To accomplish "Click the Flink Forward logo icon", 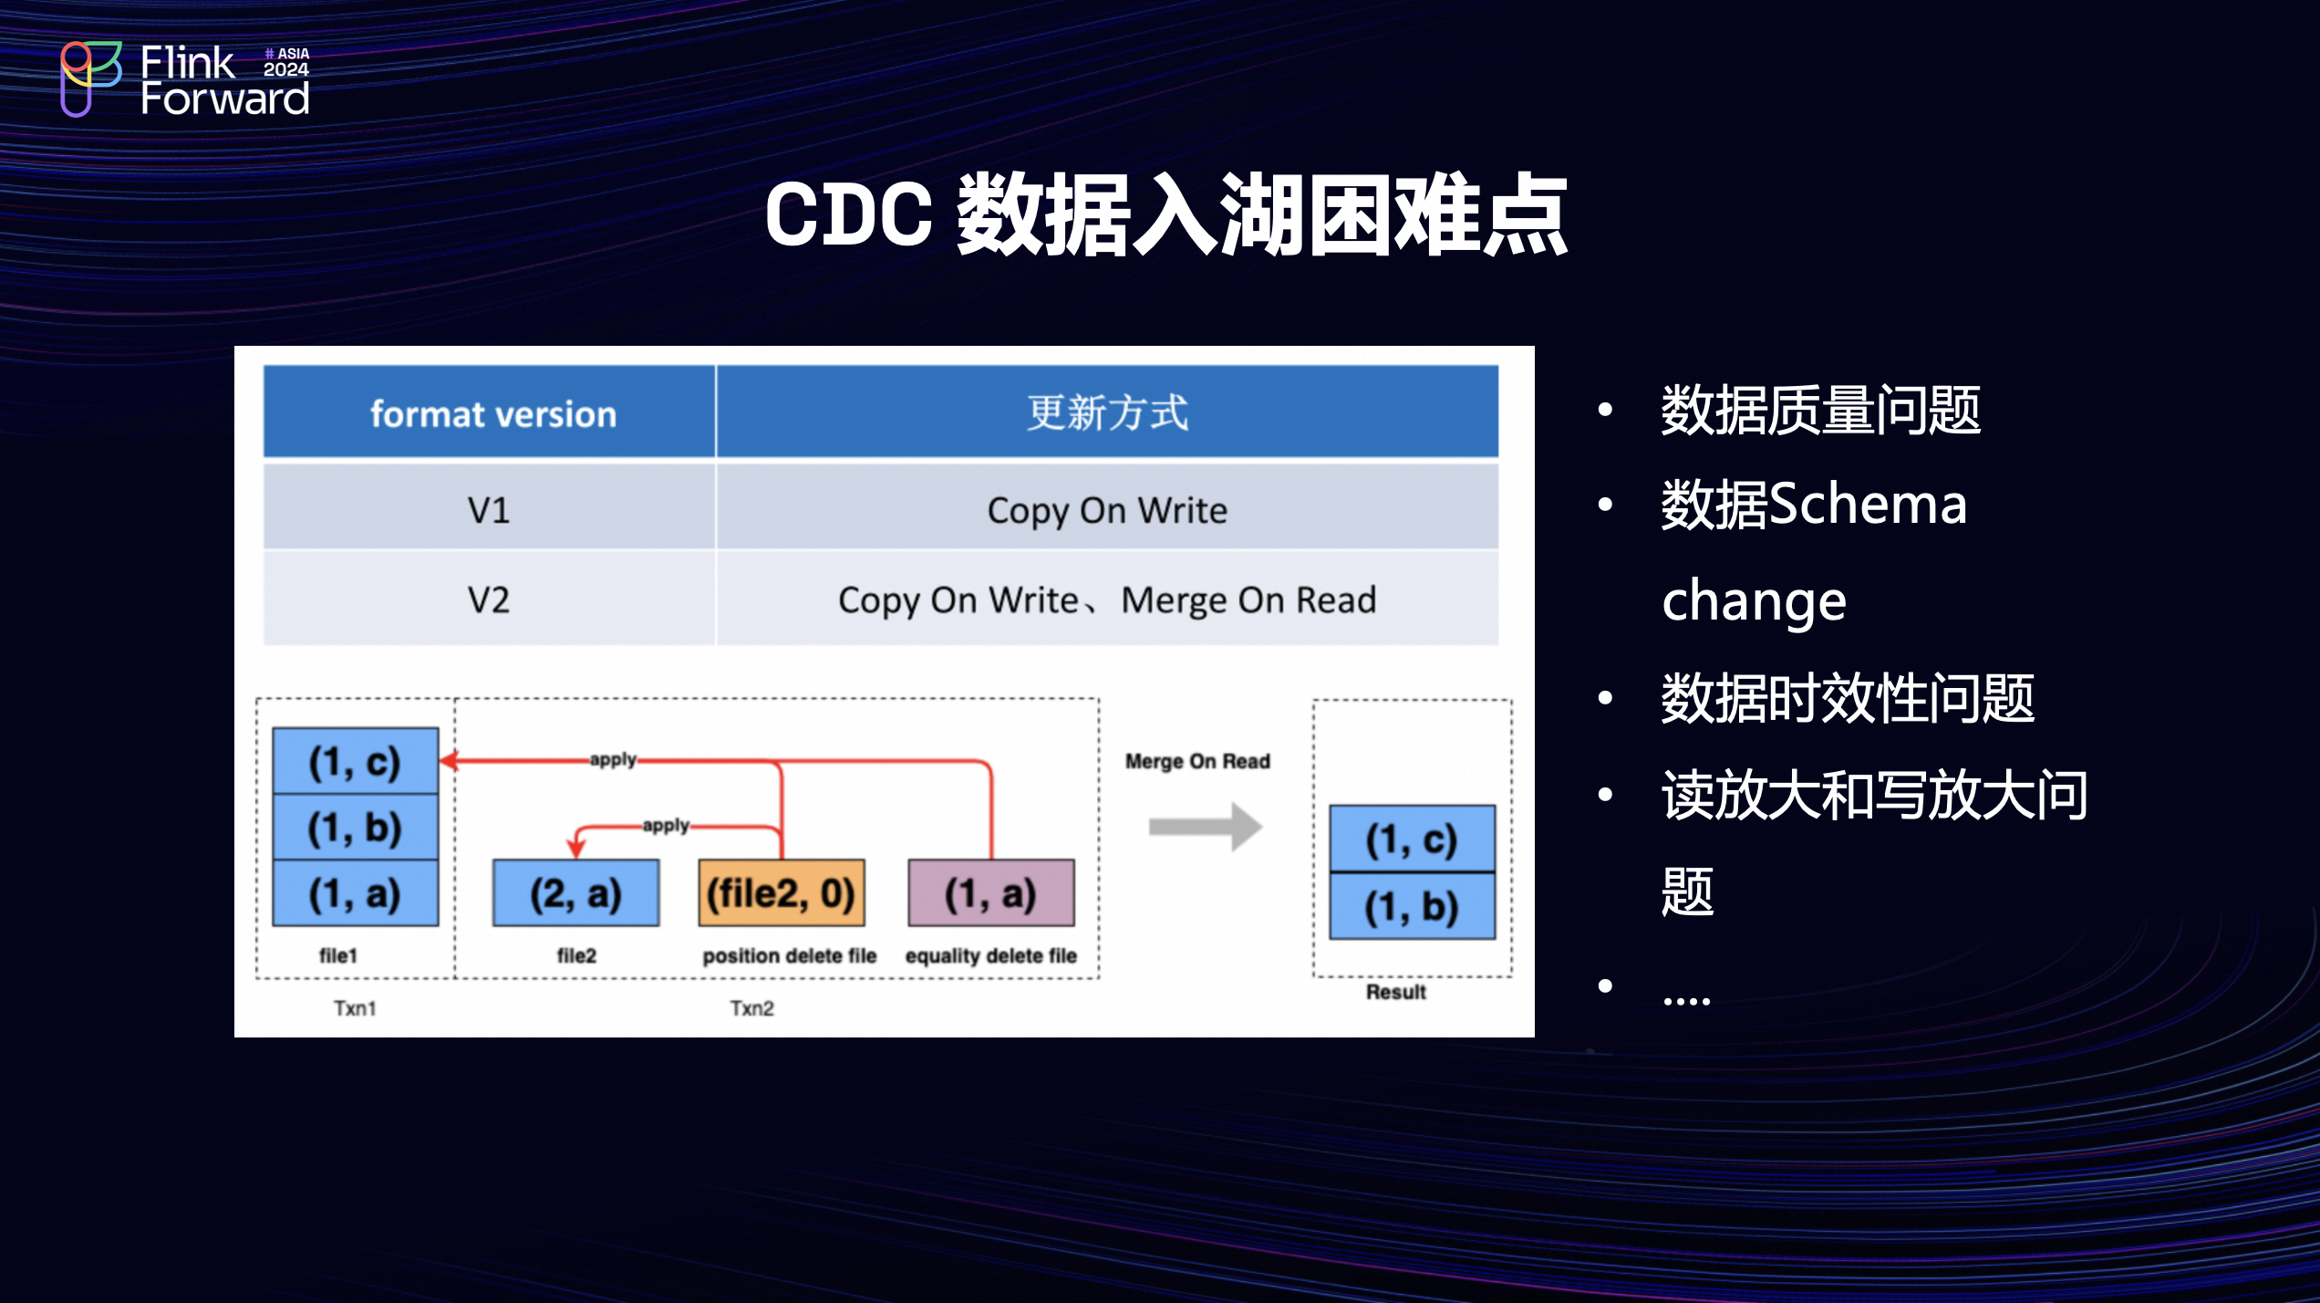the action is click(90, 78).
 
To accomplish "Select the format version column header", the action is click(490, 412).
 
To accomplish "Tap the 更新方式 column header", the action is click(1107, 412).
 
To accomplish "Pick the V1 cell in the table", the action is click(490, 508).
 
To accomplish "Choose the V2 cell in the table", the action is click(490, 599).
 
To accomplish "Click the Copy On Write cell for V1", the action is click(1107, 508).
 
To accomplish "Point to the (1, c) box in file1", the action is click(356, 761).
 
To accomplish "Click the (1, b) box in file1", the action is click(356, 828).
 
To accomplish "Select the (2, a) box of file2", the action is click(576, 893).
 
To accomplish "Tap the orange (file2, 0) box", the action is click(782, 893).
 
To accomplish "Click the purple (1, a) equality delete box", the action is click(991, 893).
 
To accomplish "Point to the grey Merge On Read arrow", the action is click(1205, 827).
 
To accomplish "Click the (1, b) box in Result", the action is click(1413, 906).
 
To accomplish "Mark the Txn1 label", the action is click(355, 1008).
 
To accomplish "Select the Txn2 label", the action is click(752, 1008).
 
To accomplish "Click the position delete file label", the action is click(790, 956).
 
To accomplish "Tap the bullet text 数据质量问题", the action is click(1821, 411).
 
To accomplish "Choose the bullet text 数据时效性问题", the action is click(1848, 698).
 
